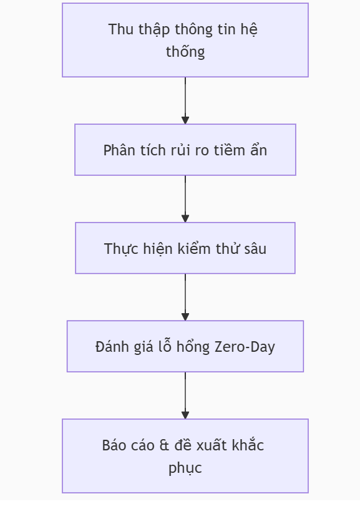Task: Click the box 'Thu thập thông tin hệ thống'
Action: pos(185,40)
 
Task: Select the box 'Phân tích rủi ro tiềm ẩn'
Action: pos(185,150)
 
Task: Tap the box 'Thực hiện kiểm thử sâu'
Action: pos(185,248)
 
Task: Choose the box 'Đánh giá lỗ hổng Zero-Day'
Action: pos(185,346)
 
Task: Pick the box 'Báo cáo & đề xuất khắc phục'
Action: pos(185,456)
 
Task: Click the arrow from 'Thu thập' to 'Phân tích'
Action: pos(185,100)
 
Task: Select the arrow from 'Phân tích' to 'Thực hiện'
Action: pos(185,199)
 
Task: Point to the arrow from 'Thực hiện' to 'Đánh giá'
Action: pos(185,298)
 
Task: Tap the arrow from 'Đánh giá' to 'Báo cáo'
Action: pos(185,395)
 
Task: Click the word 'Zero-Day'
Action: pos(245,347)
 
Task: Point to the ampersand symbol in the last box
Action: pos(164,445)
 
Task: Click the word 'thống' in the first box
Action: pos(185,51)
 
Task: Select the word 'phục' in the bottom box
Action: pos(185,468)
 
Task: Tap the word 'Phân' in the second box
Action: pos(117,150)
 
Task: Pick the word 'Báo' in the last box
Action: pos(112,445)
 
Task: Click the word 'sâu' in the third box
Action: pos(255,249)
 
